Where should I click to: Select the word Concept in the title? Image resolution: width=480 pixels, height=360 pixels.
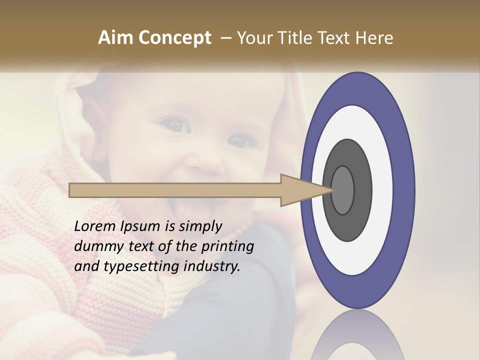(x=174, y=38)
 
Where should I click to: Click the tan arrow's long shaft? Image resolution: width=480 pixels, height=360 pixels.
(x=175, y=190)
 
